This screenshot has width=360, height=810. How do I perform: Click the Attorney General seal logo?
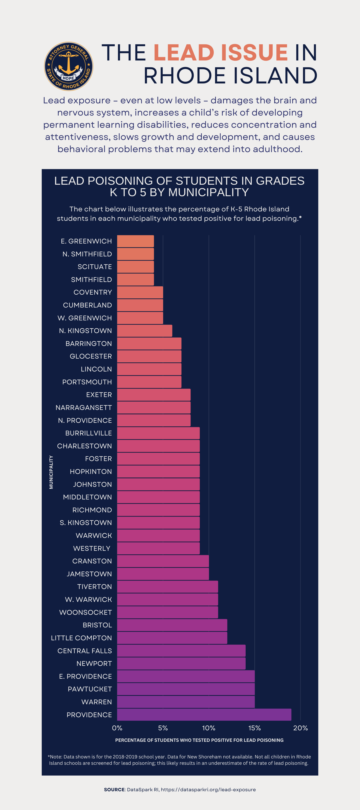coord(68,66)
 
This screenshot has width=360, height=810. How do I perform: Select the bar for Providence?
coord(204,714)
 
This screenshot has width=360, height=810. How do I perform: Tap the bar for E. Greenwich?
coord(135,241)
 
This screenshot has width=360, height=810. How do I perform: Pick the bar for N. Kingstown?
coord(145,331)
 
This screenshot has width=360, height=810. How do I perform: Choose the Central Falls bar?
coord(181,651)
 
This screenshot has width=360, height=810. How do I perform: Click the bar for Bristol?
coord(172,625)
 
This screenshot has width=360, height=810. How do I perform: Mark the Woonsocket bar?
coord(168,612)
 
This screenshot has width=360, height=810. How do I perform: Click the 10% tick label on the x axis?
coord(209,728)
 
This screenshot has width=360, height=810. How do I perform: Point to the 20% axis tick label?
coord(300,728)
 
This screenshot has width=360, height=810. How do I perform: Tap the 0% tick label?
coord(117,728)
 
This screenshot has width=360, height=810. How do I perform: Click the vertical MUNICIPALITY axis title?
coord(51,472)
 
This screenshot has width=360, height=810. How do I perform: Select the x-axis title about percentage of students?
coord(199,740)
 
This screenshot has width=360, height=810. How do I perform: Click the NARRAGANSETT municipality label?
coord(84,408)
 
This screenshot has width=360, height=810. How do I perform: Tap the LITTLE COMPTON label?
coord(81,638)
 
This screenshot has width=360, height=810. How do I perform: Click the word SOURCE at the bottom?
coord(114,790)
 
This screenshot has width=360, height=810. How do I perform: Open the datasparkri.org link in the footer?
coord(208,790)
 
